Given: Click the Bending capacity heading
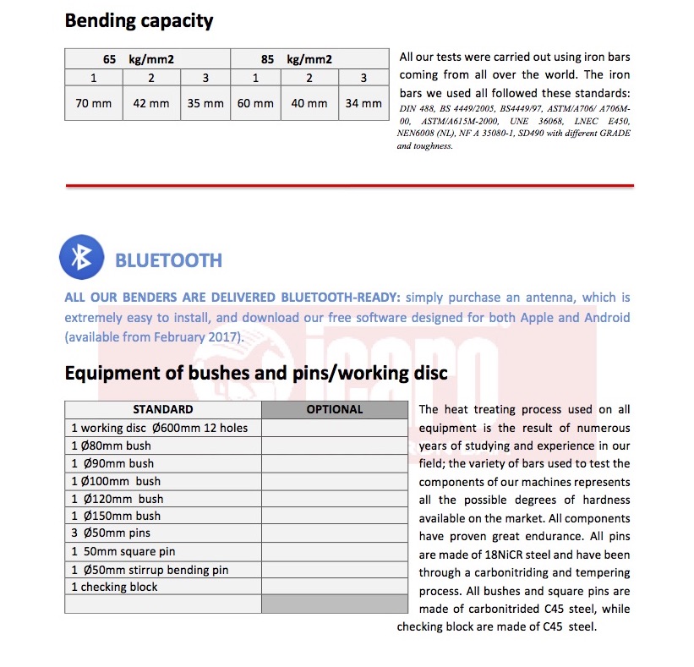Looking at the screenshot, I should tap(139, 20).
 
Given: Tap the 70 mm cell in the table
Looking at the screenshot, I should tap(94, 103).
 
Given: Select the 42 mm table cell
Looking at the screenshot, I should tap(151, 103).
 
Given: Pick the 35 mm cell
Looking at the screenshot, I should tap(205, 103).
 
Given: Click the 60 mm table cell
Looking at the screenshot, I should tap(255, 103).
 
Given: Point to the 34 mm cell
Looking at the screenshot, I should tap(363, 103).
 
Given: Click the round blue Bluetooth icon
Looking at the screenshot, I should tap(81, 257).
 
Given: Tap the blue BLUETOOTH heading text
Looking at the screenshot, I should tap(168, 260).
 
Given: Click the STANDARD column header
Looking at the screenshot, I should tap(163, 409).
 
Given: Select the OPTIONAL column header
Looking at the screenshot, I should tap(335, 409).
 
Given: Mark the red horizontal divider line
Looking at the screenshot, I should tap(349, 184).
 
